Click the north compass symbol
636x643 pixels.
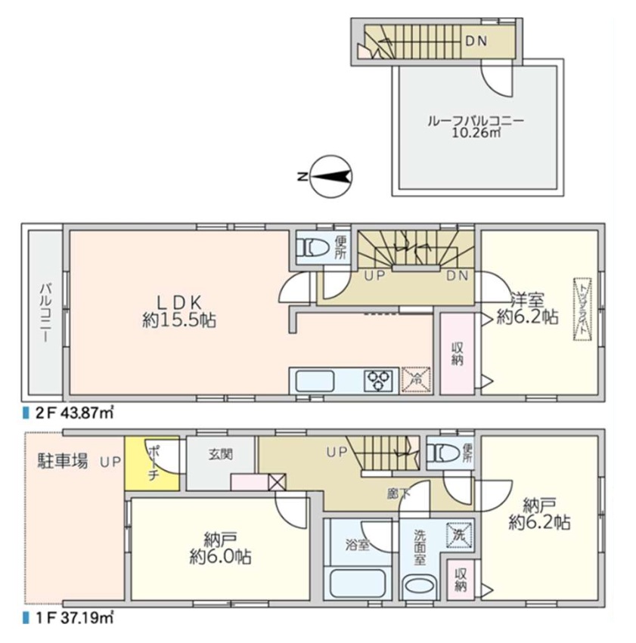(330, 177)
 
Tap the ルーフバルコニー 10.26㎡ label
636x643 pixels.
(476, 127)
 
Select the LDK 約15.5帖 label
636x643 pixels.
(179, 311)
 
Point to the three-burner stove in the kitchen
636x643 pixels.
(378, 381)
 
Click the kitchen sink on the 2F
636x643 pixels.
(315, 381)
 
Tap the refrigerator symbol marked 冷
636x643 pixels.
(416, 380)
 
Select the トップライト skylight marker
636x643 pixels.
(582, 309)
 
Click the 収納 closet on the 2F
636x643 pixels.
(458, 354)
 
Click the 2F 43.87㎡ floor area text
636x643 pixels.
(69, 413)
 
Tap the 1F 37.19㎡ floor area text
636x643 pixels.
(69, 618)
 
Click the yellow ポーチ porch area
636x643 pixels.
(152, 463)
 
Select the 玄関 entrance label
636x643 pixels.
(221, 454)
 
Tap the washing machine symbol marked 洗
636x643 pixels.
(459, 535)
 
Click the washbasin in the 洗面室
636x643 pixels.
(420, 588)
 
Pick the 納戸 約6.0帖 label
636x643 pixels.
(220, 549)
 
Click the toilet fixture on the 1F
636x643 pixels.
(442, 453)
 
